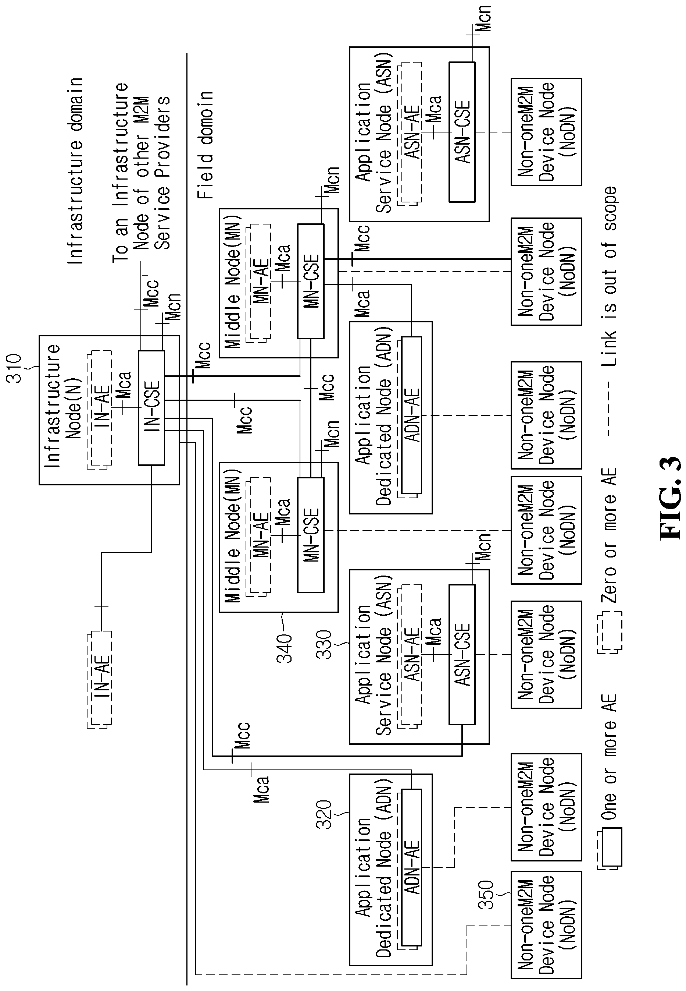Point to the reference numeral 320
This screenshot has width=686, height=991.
[x=325, y=814]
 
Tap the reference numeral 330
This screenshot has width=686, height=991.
[x=325, y=644]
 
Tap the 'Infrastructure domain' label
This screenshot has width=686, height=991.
[x=75, y=171]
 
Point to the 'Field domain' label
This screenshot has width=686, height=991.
[x=206, y=145]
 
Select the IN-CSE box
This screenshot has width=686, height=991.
[x=151, y=408]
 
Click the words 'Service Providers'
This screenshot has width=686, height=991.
[x=162, y=173]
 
